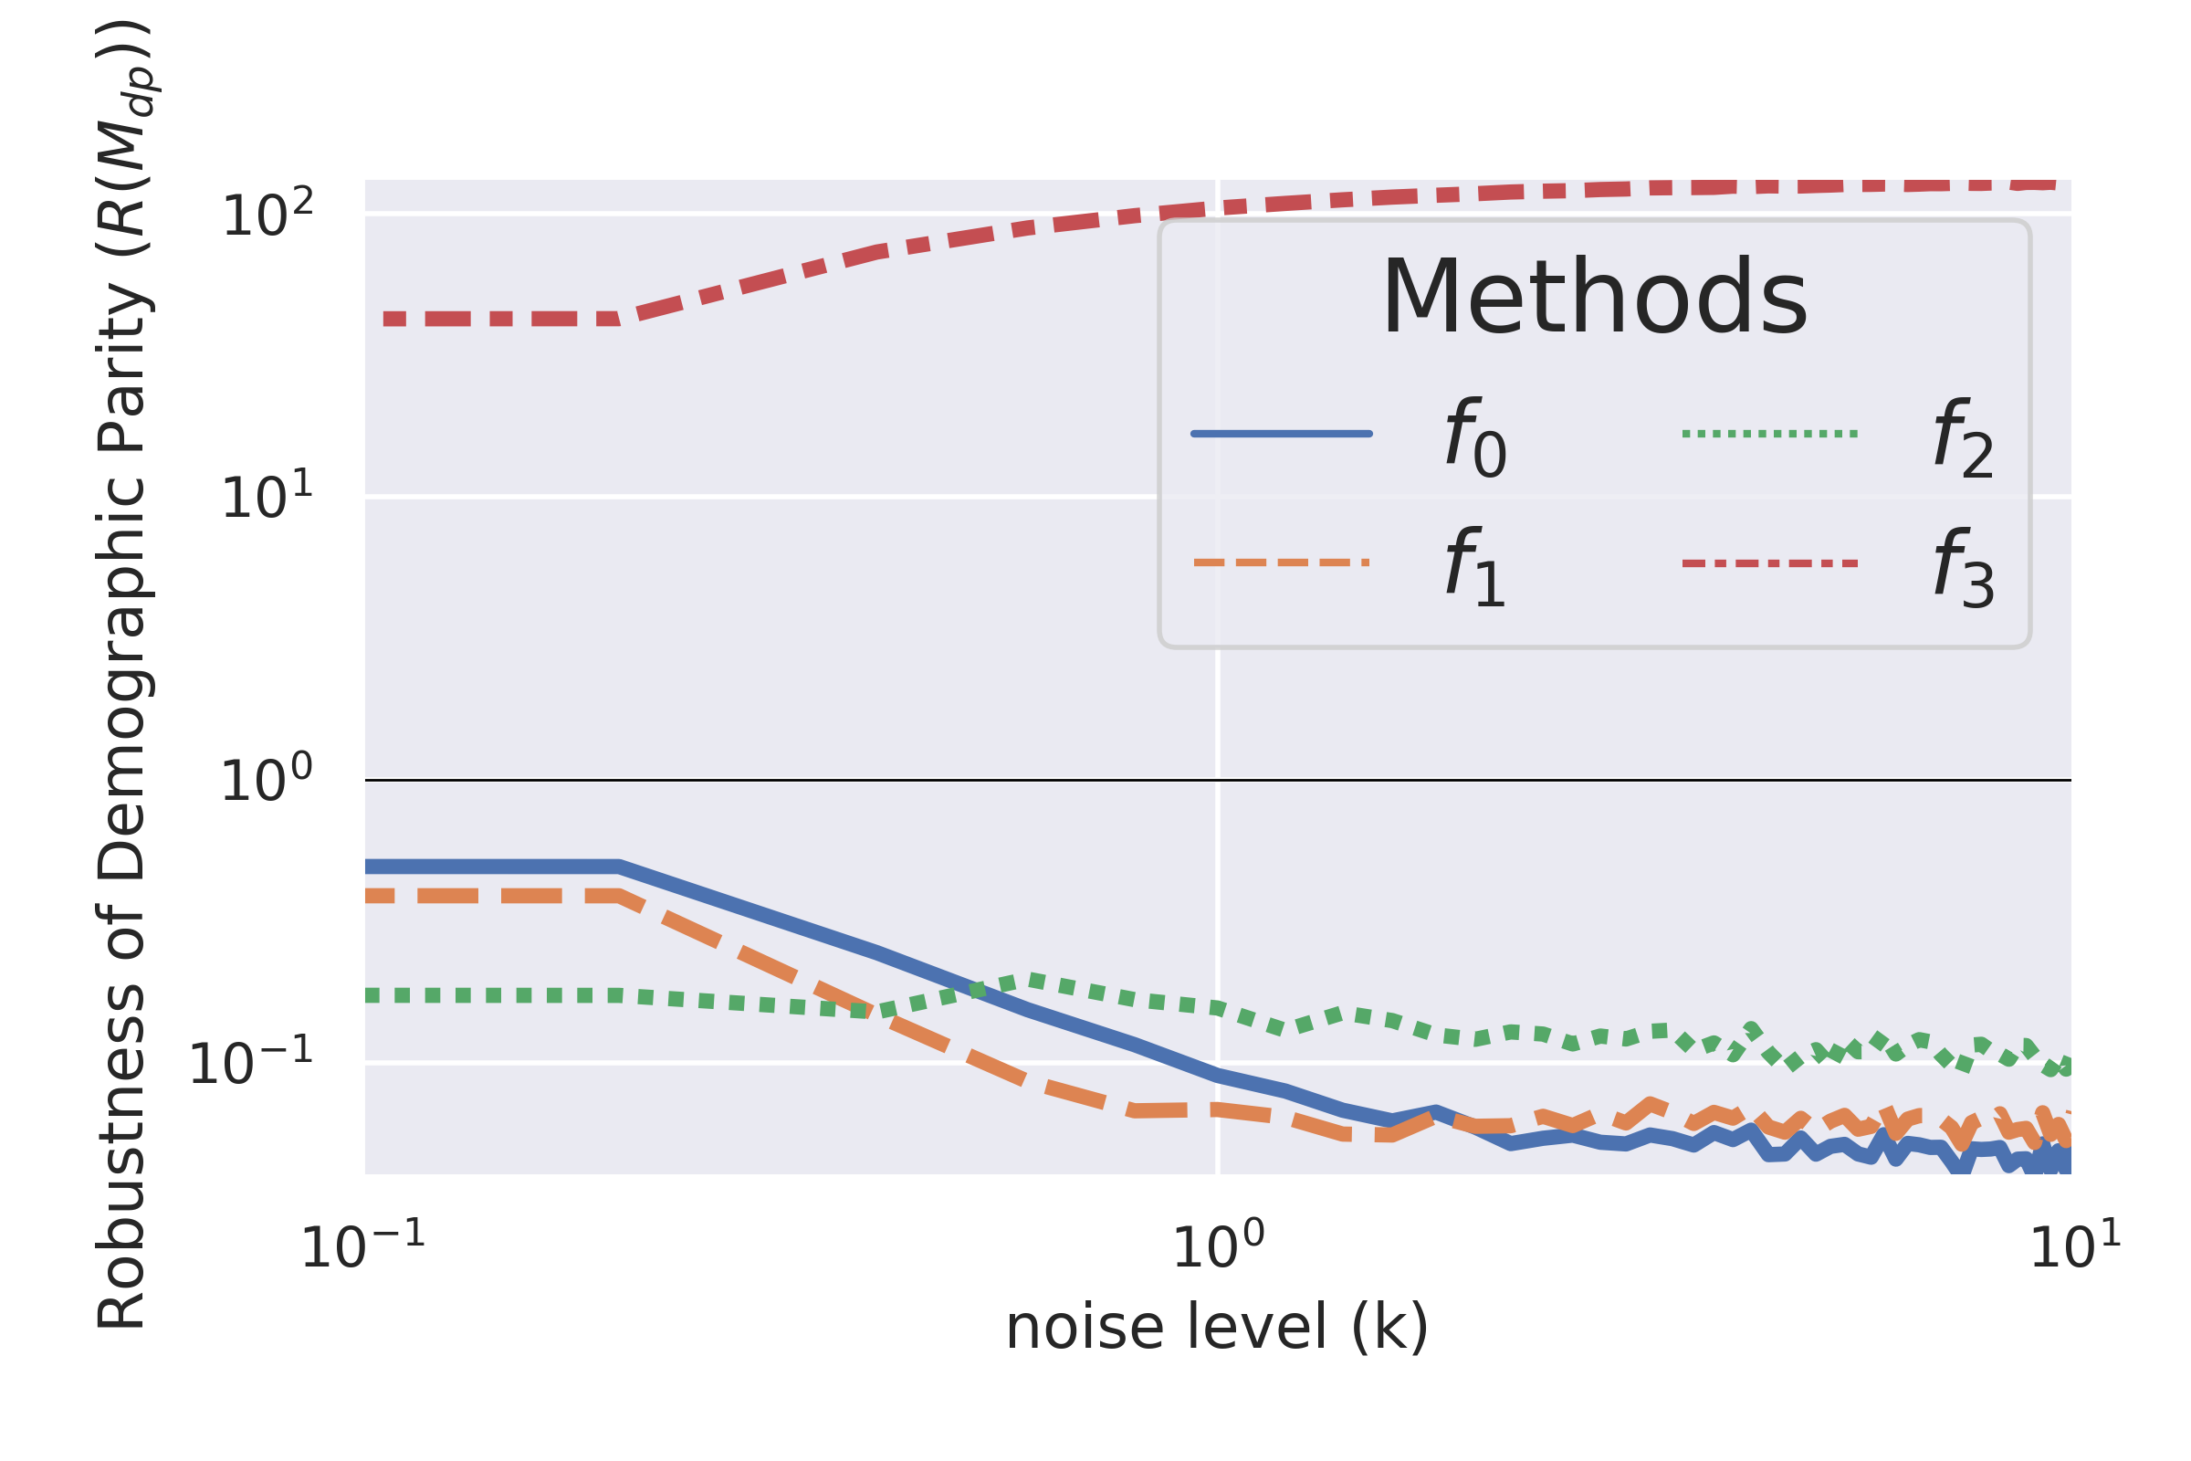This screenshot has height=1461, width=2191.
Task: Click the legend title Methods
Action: pyautogui.click(x=1594, y=298)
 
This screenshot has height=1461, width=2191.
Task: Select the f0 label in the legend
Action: pyautogui.click(x=1475, y=436)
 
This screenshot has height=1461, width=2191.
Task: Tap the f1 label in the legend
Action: pyautogui.click(x=1475, y=565)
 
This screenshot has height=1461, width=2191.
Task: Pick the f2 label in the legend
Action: pyautogui.click(x=1964, y=436)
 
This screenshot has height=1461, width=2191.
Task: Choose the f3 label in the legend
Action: pyautogui.click(x=1964, y=565)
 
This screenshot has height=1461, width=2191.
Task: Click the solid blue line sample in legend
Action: pyautogui.click(x=1282, y=433)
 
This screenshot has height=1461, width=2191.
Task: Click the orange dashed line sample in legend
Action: pyautogui.click(x=1282, y=562)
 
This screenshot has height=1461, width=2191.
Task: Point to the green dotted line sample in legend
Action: pyautogui.click(x=1770, y=433)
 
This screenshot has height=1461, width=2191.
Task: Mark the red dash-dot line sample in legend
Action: pyautogui.click(x=1770, y=562)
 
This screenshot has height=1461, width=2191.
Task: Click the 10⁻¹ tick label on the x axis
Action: pyautogui.click(x=363, y=1246)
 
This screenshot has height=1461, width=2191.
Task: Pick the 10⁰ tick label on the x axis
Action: pyautogui.click(x=1218, y=1246)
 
